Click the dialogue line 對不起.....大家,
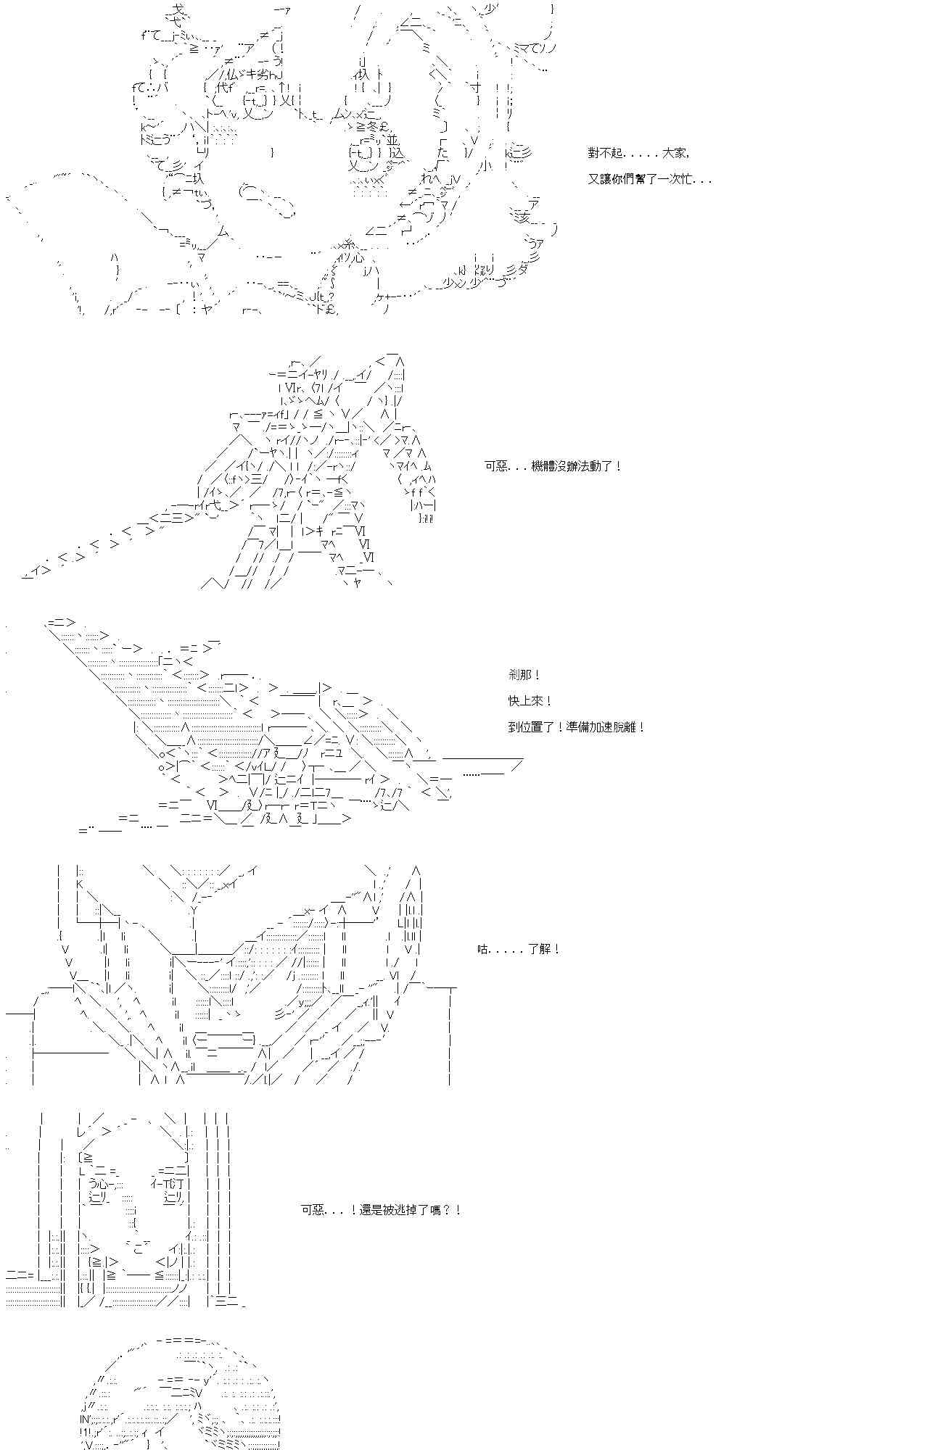click(638, 154)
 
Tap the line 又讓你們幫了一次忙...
click(649, 179)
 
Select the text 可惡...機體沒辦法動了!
click(553, 466)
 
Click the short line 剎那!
click(524, 675)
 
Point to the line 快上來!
click(530, 701)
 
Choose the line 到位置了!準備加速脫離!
click(577, 727)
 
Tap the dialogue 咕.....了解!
click(519, 949)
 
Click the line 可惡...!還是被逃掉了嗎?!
click(381, 1210)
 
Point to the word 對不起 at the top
click(606, 154)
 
